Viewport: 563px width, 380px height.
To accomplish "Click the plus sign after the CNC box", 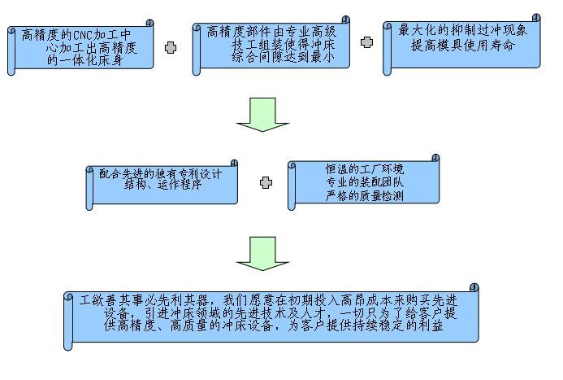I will coord(170,48).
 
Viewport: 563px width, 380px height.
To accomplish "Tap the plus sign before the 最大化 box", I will coord(366,42).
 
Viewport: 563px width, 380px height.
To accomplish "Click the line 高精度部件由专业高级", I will coord(272,32).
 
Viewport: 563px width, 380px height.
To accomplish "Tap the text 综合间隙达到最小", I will coord(272,58).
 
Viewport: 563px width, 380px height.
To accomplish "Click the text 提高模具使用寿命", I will coord(457,45).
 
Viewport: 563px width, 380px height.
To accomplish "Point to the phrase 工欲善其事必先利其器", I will coord(142,299).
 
